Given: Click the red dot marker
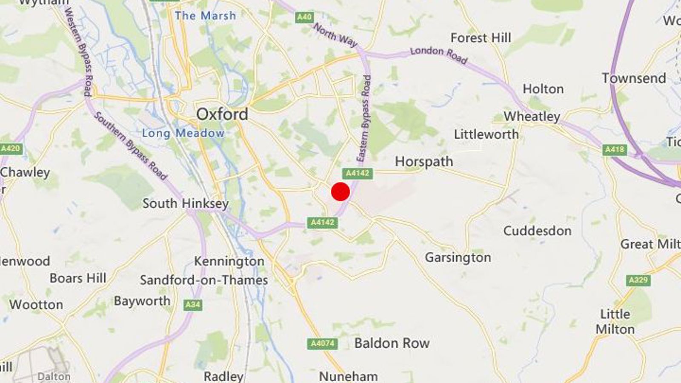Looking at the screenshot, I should pyautogui.click(x=340, y=191).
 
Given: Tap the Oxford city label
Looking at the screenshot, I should pyautogui.click(x=222, y=114).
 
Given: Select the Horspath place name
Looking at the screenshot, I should pyautogui.click(x=424, y=162).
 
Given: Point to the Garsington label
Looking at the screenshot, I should pyautogui.click(x=458, y=257).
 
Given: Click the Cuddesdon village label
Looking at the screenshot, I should pyautogui.click(x=537, y=231).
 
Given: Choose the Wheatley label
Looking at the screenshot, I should pyautogui.click(x=532, y=116).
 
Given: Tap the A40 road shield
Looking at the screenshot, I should pyautogui.click(x=304, y=17).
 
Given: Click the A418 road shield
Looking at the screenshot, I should pyautogui.click(x=615, y=149).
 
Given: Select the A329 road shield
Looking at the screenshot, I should pyautogui.click(x=638, y=280).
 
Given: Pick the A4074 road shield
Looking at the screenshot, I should pyautogui.click(x=322, y=343).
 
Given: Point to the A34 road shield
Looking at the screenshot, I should pyautogui.click(x=193, y=305).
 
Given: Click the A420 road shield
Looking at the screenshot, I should pyautogui.click(x=11, y=149).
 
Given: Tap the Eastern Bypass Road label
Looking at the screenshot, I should pyautogui.click(x=364, y=119).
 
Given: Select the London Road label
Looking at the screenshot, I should pyautogui.click(x=438, y=54).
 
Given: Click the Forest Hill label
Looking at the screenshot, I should pyautogui.click(x=481, y=38).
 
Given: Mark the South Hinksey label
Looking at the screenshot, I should pyautogui.click(x=185, y=203).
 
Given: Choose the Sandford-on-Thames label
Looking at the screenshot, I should pyautogui.click(x=204, y=280).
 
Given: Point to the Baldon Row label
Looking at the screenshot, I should pyautogui.click(x=392, y=343).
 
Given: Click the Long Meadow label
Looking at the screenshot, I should pyautogui.click(x=183, y=133).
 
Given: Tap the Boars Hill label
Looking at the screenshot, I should pyautogui.click(x=78, y=278).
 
